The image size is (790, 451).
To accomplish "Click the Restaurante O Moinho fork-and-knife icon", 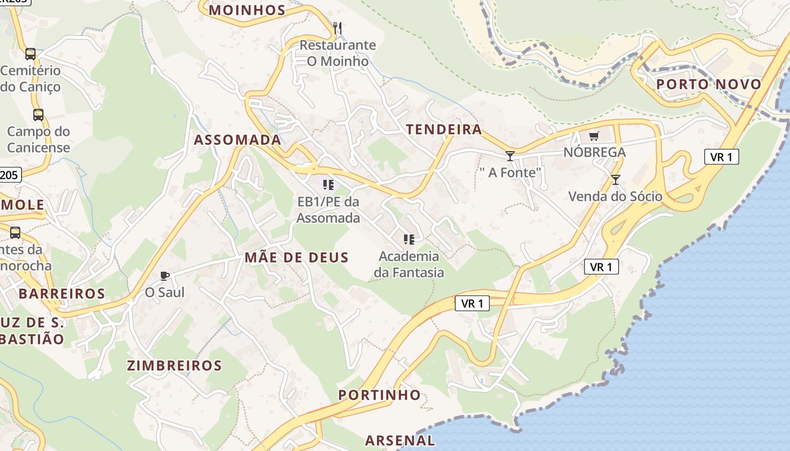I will click(x=337, y=27).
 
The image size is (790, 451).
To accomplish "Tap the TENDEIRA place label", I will click(x=444, y=130).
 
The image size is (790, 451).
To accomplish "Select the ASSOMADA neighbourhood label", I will click(x=238, y=140).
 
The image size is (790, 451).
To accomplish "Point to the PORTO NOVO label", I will click(x=709, y=85).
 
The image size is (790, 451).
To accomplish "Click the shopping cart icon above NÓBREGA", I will click(x=594, y=136).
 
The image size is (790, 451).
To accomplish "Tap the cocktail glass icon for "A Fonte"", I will click(x=510, y=156).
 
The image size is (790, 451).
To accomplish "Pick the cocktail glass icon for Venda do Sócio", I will click(x=615, y=180).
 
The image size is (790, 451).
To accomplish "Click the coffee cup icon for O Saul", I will click(x=164, y=276).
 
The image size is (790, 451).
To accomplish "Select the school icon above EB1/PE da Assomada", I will click(x=328, y=184).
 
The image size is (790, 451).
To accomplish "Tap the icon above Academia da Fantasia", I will click(x=409, y=240).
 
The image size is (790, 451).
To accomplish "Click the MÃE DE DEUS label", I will click(x=297, y=258).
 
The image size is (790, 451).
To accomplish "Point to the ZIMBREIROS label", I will click(x=174, y=365).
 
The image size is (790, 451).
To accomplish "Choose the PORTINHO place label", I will click(x=380, y=395).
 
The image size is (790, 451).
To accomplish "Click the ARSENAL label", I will click(x=400, y=440).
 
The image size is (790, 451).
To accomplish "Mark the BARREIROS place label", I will click(x=62, y=294).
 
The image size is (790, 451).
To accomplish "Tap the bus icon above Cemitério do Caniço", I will click(x=30, y=54).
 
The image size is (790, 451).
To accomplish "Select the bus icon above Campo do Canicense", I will click(x=38, y=115).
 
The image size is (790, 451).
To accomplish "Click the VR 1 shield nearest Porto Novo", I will click(x=721, y=157).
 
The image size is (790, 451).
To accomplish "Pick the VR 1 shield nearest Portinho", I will click(x=472, y=303).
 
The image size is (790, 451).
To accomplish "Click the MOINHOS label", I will click(x=248, y=10).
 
